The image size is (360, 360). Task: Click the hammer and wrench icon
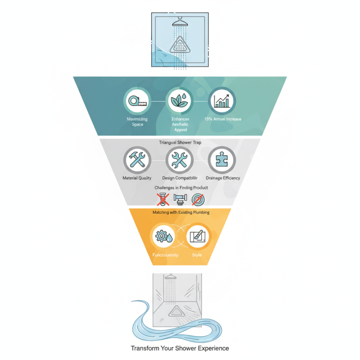pos(136,160)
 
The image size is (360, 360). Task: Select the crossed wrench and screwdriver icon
pos(180,160)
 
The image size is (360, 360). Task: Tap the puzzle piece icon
pos(221,160)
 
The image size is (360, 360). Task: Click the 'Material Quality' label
pos(137,178)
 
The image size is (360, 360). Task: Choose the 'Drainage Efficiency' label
pos(223,178)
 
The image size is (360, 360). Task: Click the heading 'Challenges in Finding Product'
pos(180,187)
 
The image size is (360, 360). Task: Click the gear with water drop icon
pos(163,236)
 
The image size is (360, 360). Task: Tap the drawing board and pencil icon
pos(197,236)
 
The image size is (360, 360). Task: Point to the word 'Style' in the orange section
pos(197,255)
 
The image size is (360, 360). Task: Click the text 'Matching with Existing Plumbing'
pos(180,211)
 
